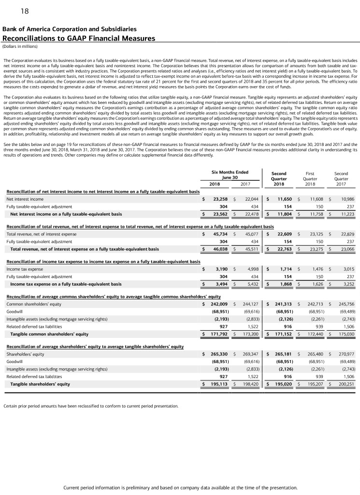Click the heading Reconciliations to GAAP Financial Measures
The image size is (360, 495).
point(79,38)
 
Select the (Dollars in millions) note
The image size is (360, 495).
point(20,46)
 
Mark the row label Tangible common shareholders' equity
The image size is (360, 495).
point(49,334)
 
